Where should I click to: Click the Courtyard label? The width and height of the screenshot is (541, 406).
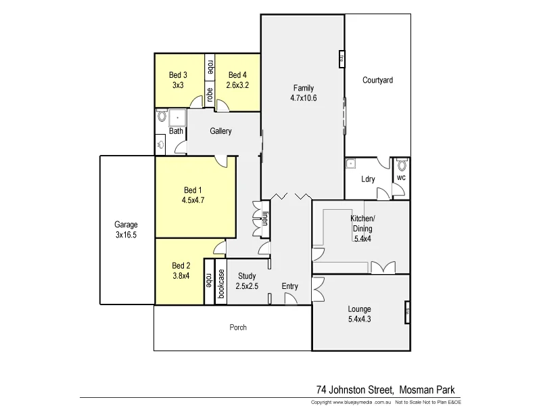377,80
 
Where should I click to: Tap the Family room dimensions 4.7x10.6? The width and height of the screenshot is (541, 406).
304,98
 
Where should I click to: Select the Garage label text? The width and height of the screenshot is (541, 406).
126,225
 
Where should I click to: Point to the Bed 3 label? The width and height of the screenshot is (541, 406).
179,75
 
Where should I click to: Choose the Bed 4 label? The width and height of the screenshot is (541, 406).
237,75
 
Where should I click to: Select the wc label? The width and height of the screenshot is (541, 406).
400,178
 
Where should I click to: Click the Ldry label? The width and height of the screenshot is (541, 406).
369,179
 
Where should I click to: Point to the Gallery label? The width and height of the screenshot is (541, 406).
220,131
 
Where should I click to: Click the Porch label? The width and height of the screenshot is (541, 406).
238,328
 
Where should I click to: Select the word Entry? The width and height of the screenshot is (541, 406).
289,286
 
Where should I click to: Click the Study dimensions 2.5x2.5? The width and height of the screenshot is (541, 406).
248,286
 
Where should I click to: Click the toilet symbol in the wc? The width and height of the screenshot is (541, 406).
402,164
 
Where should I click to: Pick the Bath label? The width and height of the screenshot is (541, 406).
176,131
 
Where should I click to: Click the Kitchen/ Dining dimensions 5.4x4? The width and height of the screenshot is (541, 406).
362,238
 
